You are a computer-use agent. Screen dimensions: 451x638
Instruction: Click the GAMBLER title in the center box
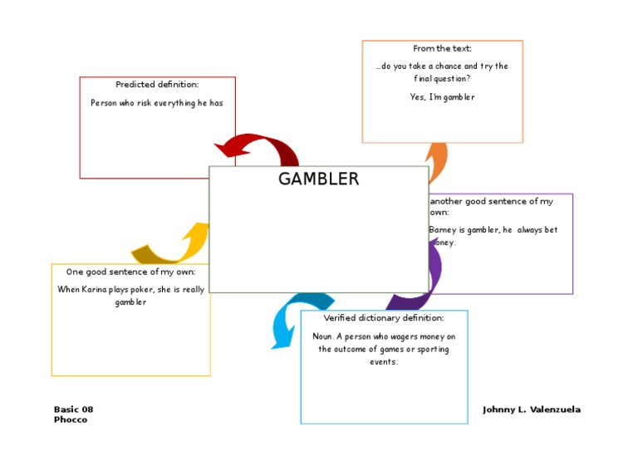pos(318,179)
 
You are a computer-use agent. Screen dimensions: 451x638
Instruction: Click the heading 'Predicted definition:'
pos(157,85)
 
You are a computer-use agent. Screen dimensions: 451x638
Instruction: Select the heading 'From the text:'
pos(442,48)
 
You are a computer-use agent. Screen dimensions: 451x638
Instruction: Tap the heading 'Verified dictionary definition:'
pos(384,318)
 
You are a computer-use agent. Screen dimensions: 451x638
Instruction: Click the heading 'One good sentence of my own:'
pos(130,272)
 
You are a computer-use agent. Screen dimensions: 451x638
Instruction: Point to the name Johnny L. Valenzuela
pos(532,409)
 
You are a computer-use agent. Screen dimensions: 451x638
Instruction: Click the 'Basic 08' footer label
pos(74,409)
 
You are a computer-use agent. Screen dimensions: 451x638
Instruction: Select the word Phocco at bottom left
pos(71,419)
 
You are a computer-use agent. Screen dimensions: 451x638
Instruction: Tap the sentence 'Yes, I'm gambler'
pos(442,97)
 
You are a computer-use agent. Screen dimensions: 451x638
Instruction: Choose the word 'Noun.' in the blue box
pos(323,336)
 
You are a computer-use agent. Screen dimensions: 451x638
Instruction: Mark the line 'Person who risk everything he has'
pos(157,103)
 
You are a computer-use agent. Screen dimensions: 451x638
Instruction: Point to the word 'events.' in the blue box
pos(384,362)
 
